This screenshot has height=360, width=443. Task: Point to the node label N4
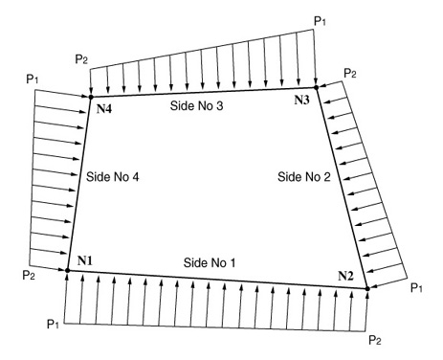tap(106, 108)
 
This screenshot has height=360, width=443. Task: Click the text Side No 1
tap(210, 262)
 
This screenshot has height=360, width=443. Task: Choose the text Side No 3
tap(196, 106)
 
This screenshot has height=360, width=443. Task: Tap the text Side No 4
tap(112, 177)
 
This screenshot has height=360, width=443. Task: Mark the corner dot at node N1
tap(67, 271)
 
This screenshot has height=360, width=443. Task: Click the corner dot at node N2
tap(367, 287)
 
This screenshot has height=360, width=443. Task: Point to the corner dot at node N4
tap(89, 96)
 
